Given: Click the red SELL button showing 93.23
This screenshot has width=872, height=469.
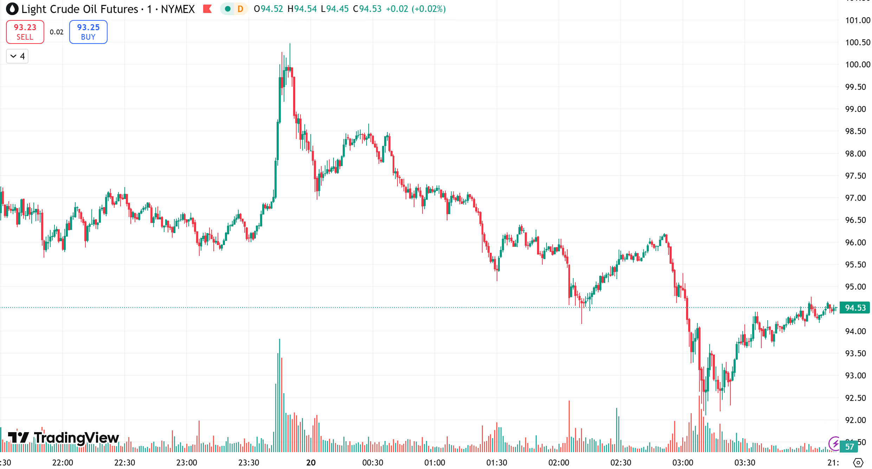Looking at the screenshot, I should [25, 32].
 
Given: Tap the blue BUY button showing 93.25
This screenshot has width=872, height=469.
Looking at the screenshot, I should [88, 32].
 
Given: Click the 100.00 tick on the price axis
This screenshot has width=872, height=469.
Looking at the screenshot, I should [857, 65].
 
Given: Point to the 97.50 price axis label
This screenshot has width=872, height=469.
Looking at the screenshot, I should [855, 176].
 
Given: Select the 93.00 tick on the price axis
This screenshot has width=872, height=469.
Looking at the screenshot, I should [855, 376].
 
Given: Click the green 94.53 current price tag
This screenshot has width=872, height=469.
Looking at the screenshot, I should [855, 308].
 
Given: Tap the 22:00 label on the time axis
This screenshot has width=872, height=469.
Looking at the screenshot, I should [63, 463].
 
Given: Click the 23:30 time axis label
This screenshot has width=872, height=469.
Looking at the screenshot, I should [248, 463].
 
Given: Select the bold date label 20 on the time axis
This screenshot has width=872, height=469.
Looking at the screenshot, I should [311, 463].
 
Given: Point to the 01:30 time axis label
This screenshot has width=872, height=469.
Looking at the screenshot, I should [497, 463].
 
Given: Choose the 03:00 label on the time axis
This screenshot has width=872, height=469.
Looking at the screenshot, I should [683, 463].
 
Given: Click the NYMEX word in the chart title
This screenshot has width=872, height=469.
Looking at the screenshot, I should [177, 9].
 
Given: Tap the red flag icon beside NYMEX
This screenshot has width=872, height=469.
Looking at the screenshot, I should [207, 9].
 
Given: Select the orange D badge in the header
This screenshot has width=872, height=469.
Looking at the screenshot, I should [240, 9].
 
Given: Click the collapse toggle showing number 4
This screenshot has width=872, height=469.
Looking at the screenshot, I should [17, 56].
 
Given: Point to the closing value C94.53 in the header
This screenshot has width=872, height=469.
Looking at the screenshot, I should [367, 9].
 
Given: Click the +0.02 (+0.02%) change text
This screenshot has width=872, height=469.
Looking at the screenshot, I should [416, 9].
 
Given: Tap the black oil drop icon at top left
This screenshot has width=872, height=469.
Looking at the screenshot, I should [12, 9].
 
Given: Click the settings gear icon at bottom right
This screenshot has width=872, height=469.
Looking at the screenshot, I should [858, 463].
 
